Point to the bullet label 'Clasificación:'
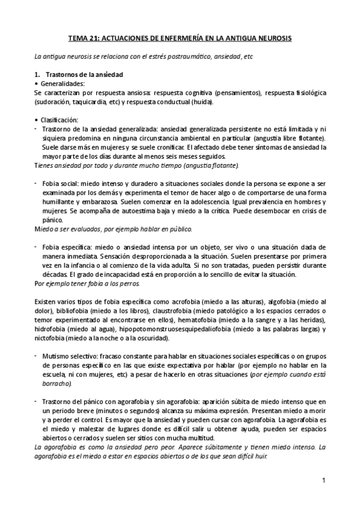tap(61, 120)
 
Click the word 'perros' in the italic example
tap(126, 283)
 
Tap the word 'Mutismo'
tap(56, 356)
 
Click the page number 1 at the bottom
tap(323, 481)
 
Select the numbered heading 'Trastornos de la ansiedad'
tap(84, 75)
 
